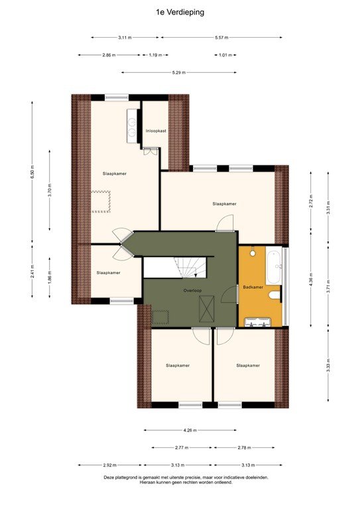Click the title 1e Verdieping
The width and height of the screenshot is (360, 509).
[180, 12]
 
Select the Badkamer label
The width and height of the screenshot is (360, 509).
[253, 287]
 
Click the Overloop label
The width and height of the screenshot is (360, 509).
[192, 291]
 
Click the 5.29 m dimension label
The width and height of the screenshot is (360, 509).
[178, 72]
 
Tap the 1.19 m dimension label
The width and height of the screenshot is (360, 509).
[154, 55]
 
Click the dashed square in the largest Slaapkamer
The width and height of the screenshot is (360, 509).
[101, 201]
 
